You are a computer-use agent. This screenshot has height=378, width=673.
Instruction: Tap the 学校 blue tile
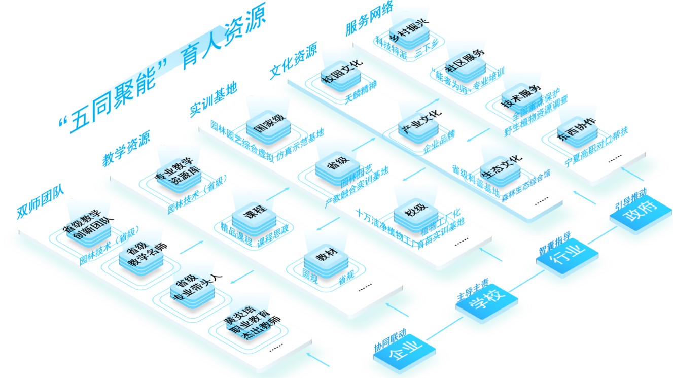pyautogui.click(x=487, y=303)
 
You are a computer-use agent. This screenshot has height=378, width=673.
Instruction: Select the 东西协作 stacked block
pyautogui.click(x=576, y=129)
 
